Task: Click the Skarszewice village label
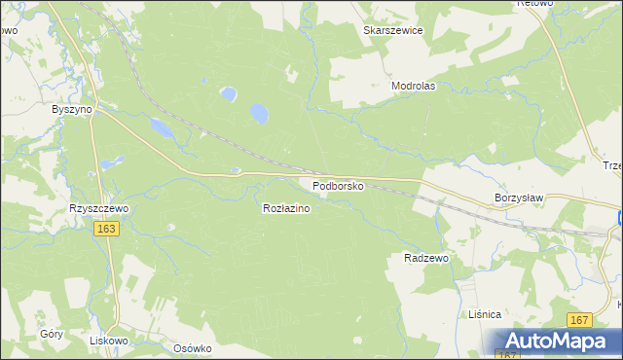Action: click(393, 30)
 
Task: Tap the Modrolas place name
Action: click(413, 86)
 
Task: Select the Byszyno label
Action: click(71, 110)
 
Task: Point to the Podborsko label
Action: click(338, 185)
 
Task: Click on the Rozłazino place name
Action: click(286, 208)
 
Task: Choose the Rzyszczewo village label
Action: click(99, 208)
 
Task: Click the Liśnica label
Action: click(483, 314)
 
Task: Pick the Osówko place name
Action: click(192, 348)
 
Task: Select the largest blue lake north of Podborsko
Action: click(259, 113)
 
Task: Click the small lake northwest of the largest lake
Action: click(228, 94)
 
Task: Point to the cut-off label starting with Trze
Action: click(612, 165)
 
